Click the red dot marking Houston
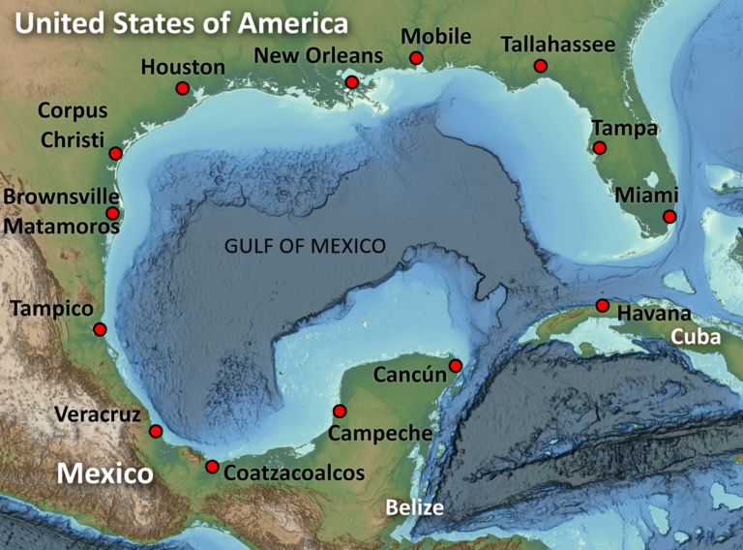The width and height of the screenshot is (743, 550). coord(182,88)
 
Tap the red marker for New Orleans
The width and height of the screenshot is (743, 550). coord(350,82)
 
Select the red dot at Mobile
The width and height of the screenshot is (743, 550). coord(416,58)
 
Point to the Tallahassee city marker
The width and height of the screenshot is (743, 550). coord(540,66)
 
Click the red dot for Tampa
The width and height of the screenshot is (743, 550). coord(600,148)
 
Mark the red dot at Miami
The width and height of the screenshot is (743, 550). coord(669,217)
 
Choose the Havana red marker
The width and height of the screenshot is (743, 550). coord(602,306)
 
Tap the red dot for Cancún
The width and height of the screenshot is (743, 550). coord(456,365)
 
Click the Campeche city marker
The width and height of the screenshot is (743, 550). coord(339,411)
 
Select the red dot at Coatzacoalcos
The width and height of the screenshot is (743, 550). coord(212,467)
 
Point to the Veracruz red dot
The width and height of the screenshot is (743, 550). coord(156,431)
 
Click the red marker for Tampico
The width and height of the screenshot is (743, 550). coord(100,329)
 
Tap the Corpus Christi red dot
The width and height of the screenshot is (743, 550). coord(115,153)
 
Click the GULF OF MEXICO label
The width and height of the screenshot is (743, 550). coord(305,246)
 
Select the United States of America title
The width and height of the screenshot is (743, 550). coord(182,23)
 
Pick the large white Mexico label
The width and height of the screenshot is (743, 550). coord(104,474)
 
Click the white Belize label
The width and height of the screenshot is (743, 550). coord(414,507)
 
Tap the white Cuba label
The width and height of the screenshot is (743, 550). coord(697,337)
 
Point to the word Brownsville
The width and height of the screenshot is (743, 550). coord(61,198)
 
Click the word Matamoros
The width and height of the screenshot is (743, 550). coord(61,227)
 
